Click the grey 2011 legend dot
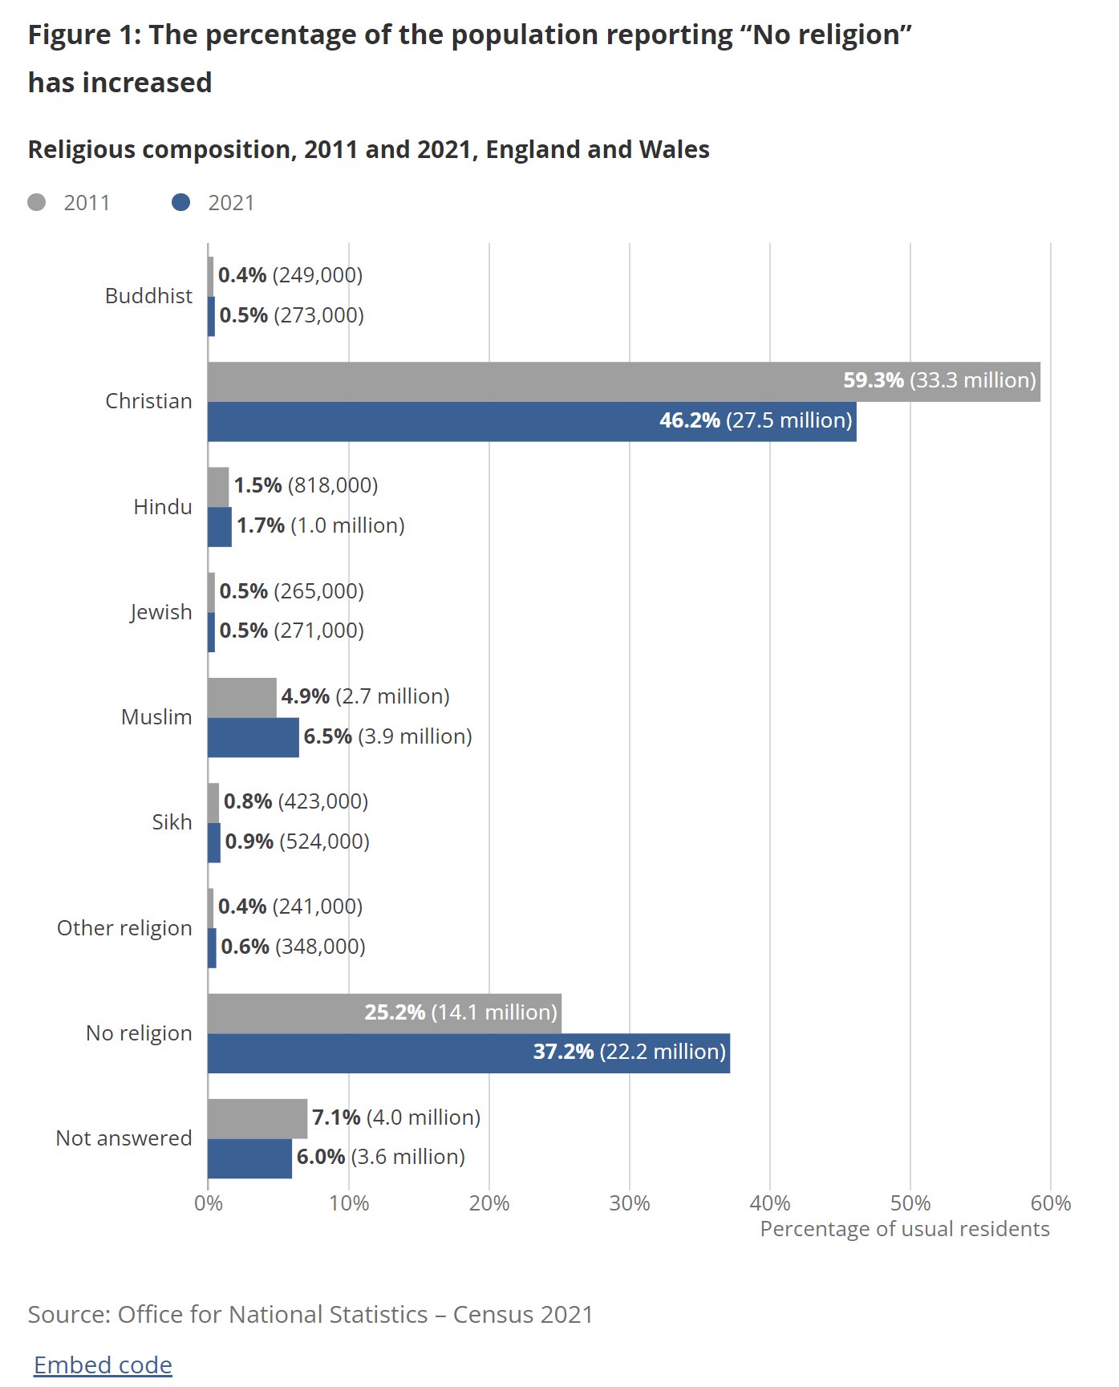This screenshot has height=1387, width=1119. pyautogui.click(x=37, y=202)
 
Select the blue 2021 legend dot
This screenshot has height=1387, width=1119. pyautogui.click(x=181, y=202)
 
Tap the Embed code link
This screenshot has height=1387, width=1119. pyautogui.click(x=103, y=1365)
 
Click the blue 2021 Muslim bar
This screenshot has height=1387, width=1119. pyautogui.click(x=253, y=737)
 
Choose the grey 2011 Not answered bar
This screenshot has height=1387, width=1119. pyautogui.click(x=257, y=1118)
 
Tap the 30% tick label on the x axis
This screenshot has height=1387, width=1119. pyautogui.click(x=630, y=1203)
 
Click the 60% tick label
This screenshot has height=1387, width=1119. pyautogui.click(x=1050, y=1203)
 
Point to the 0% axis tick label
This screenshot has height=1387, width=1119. pyautogui.click(x=209, y=1203)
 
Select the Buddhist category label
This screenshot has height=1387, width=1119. pyautogui.click(x=148, y=296)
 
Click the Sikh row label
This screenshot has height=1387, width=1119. pyautogui.click(x=172, y=822)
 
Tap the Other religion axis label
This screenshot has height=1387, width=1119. pyautogui.click(x=124, y=928)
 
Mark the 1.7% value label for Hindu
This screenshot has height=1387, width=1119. pyautogui.click(x=261, y=525)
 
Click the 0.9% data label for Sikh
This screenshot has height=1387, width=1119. pyautogui.click(x=249, y=842)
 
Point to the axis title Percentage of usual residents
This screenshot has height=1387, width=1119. pyautogui.click(x=904, y=1229)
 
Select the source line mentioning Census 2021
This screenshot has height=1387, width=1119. pyautogui.click(x=310, y=1314)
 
